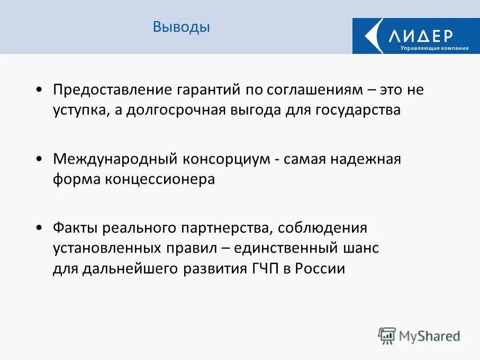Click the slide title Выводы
[x=181, y=27]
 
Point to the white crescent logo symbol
[x=375, y=35]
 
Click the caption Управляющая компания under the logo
[x=434, y=48]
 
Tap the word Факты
[x=75, y=228]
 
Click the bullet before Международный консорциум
[x=40, y=159]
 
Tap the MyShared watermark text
[x=429, y=336]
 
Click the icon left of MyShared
[x=387, y=335]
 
